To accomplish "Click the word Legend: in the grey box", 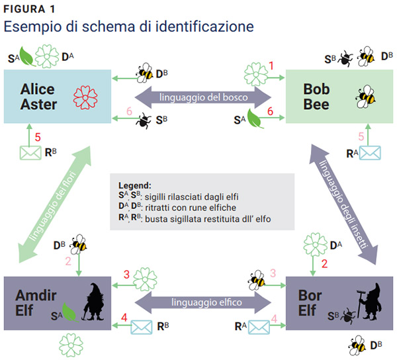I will click(135, 185).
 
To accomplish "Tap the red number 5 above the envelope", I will click(38, 137).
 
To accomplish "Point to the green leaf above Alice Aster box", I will click(27, 56).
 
